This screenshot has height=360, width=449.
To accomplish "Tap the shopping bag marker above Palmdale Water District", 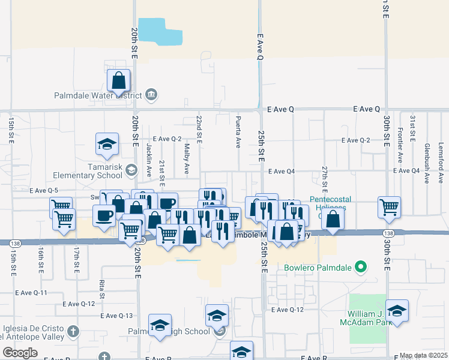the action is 119,80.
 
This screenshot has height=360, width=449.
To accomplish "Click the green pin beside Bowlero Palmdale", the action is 360,266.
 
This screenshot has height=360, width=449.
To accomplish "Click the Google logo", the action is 19,353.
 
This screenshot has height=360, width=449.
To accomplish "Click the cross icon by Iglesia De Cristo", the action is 73,331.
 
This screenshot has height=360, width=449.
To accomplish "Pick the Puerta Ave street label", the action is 238,133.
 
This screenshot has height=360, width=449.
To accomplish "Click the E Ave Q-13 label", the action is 116,316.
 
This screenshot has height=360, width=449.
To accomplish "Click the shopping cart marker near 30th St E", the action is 389,207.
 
